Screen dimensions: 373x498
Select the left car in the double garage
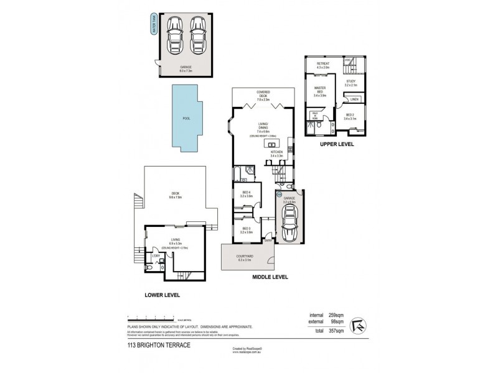click(x=174, y=37)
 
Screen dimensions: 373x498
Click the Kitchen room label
click(x=277, y=153)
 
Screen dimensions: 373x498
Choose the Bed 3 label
click(x=246, y=230)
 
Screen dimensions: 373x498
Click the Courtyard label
click(x=244, y=257)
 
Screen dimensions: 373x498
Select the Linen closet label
click(x=354, y=99)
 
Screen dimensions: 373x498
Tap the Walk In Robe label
click(x=315, y=115)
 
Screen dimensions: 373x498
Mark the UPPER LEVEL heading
click(x=337, y=144)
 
